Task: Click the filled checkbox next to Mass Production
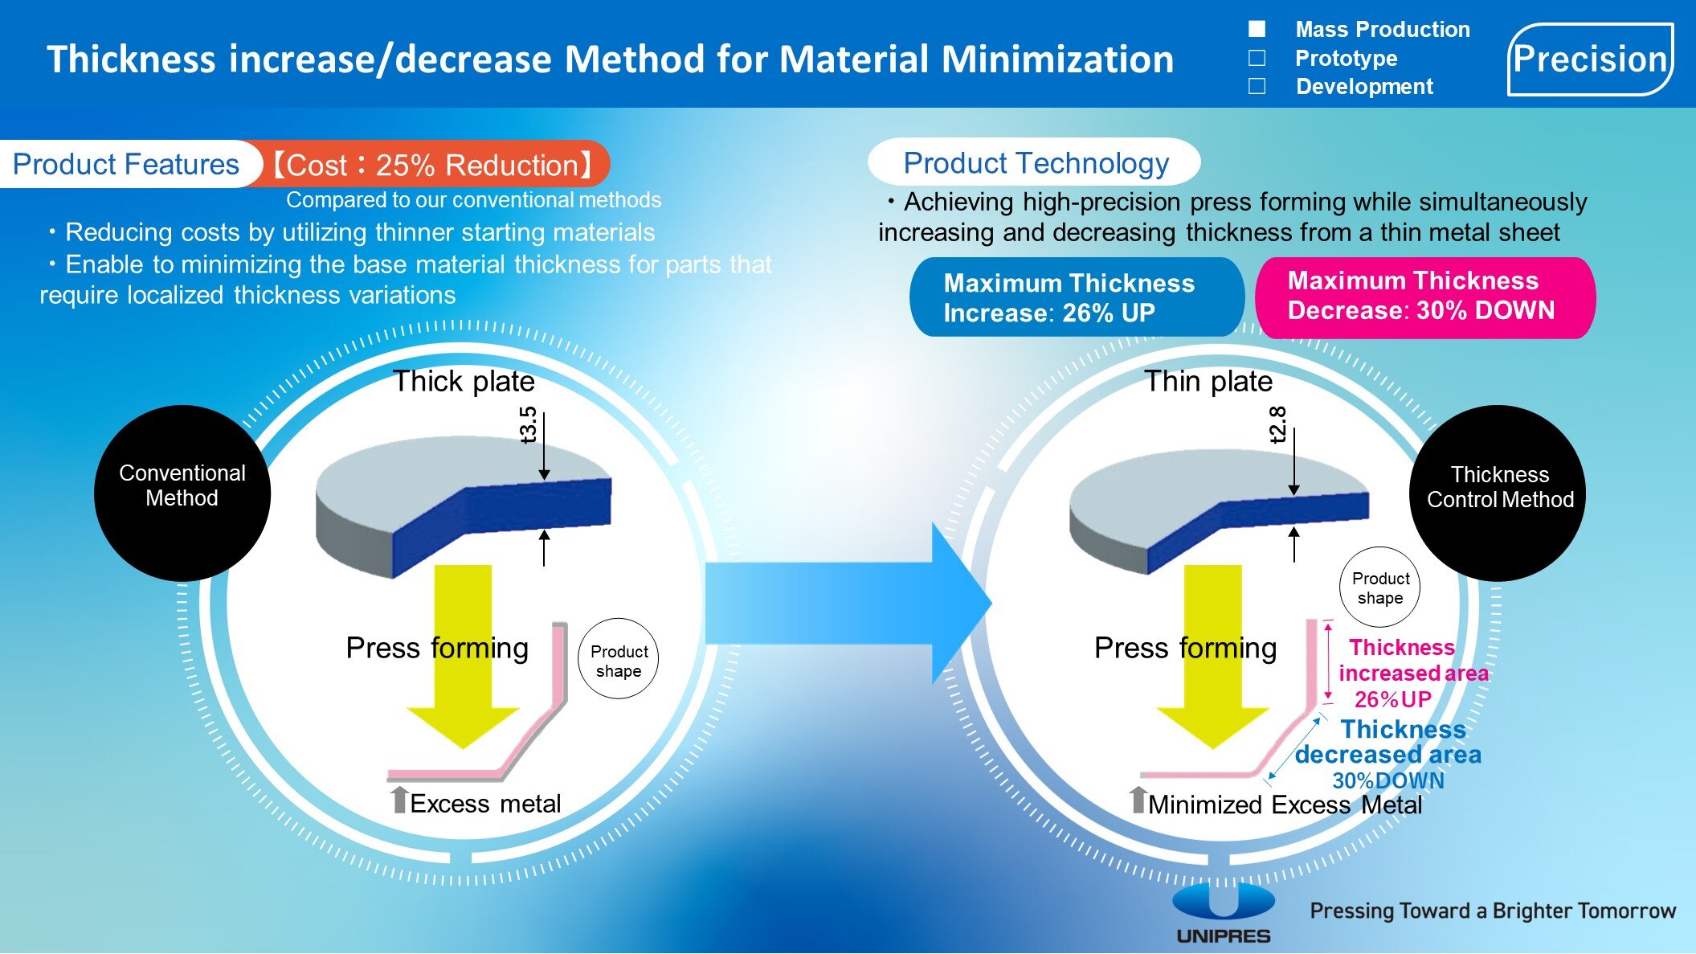coord(1257,30)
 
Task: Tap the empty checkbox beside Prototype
coord(1257,58)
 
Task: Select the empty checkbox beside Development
coord(1257,86)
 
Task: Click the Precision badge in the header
coord(1590,59)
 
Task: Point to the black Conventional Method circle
coord(182,493)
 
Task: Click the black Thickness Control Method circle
coord(1498,493)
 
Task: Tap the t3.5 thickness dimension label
coord(528,424)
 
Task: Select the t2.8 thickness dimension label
coord(1277,424)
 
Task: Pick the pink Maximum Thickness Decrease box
coord(1424,296)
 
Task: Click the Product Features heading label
coord(126,165)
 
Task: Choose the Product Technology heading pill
coord(1035,163)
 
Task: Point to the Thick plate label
coord(464,381)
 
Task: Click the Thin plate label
coord(1208,381)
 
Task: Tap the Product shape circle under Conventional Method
coord(619,661)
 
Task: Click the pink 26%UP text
coord(1393,699)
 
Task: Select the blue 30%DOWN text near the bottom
coord(1388,780)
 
